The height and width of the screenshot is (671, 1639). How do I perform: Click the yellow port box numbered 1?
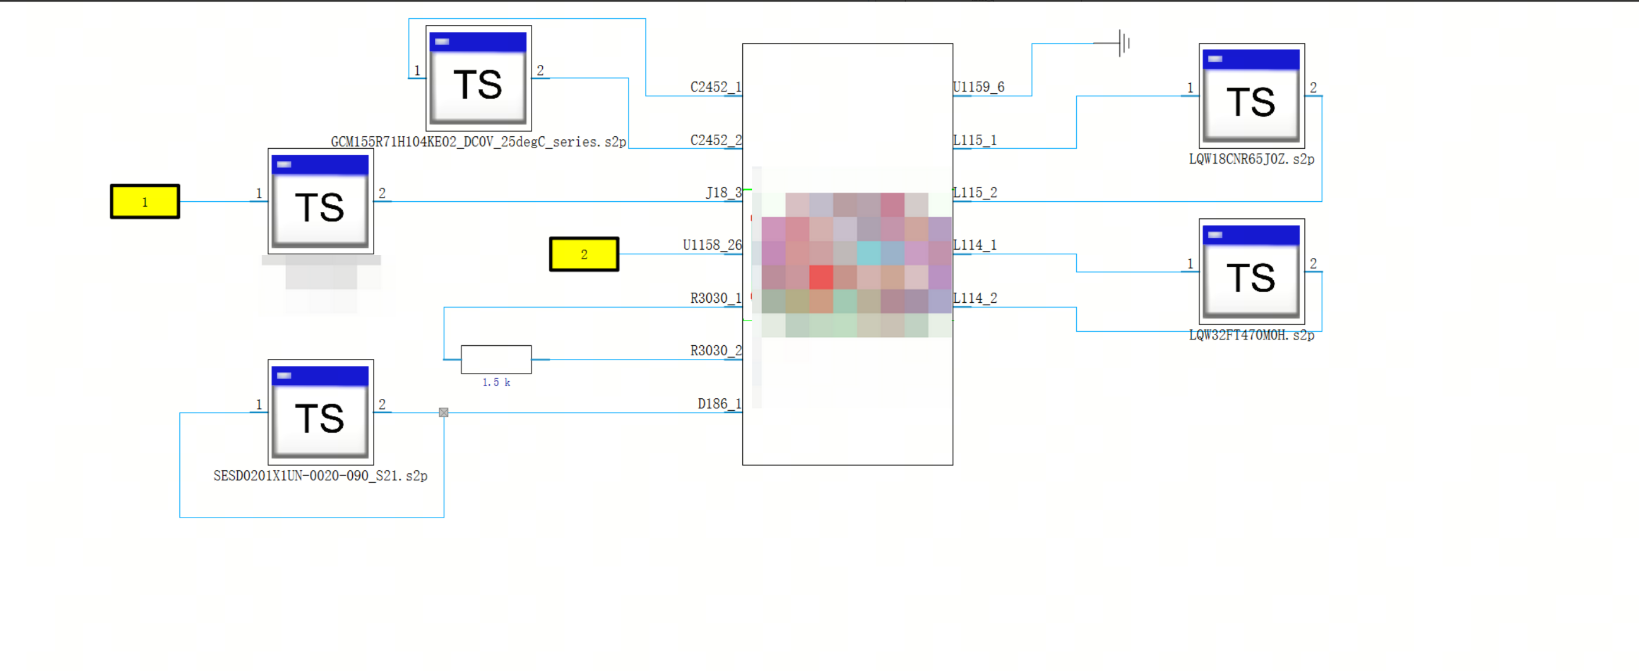(x=145, y=202)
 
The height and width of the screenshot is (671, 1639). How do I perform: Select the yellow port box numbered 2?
(x=584, y=254)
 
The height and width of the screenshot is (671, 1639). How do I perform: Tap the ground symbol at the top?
(x=1123, y=43)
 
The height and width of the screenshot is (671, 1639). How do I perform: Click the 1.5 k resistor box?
(x=496, y=359)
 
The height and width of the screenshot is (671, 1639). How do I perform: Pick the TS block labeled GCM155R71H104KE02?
(x=478, y=78)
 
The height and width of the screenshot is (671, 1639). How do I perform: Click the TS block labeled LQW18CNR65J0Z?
(x=1251, y=96)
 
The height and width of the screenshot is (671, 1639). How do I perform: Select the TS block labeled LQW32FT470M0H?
(x=1251, y=272)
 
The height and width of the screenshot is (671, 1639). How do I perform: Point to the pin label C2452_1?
(x=716, y=87)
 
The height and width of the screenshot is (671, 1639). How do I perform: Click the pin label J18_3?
(x=723, y=193)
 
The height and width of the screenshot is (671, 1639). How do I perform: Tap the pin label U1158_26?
(x=712, y=246)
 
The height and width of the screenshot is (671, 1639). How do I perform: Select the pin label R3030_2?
(x=716, y=351)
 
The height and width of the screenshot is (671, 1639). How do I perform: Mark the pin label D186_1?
(x=720, y=404)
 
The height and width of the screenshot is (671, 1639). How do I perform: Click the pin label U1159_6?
(x=979, y=87)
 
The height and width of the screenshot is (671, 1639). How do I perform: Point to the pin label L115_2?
(x=975, y=193)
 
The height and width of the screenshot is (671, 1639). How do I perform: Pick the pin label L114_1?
(x=975, y=246)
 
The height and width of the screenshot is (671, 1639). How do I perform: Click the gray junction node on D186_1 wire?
(x=444, y=413)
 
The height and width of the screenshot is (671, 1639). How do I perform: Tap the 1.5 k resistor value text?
(x=496, y=382)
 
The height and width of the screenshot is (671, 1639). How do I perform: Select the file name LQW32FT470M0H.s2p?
(x=1251, y=335)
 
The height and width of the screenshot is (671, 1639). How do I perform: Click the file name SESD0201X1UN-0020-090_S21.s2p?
(x=320, y=476)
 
